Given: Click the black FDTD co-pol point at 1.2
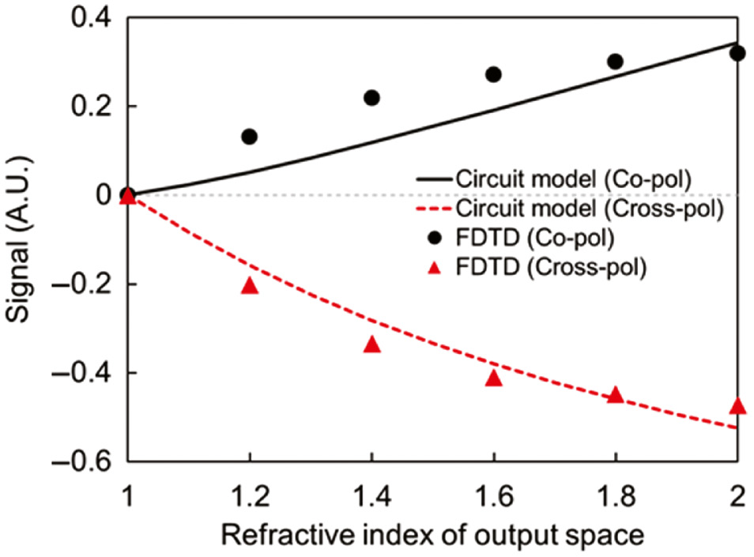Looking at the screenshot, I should [250, 137].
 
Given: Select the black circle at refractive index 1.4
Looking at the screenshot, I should [371, 98].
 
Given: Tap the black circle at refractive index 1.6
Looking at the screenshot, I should [494, 74].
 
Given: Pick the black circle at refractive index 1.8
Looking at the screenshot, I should [616, 62].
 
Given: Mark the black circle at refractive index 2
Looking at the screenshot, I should [737, 54].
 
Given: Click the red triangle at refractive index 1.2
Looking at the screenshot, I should [250, 285].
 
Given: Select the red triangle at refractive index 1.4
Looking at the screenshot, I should [371, 344].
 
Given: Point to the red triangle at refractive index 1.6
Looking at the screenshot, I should [494, 378].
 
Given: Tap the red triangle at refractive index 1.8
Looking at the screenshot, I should [616, 395].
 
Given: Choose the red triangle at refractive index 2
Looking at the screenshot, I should [737, 405].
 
